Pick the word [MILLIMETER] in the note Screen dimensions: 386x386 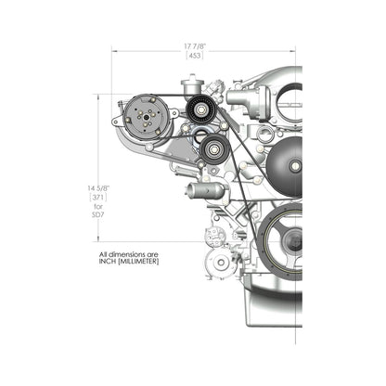coord(142,261)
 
